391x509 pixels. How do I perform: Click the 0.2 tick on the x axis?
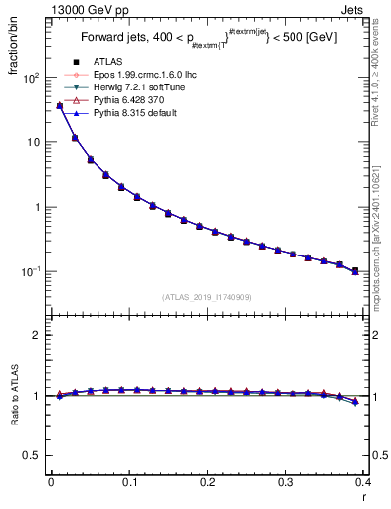208,482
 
